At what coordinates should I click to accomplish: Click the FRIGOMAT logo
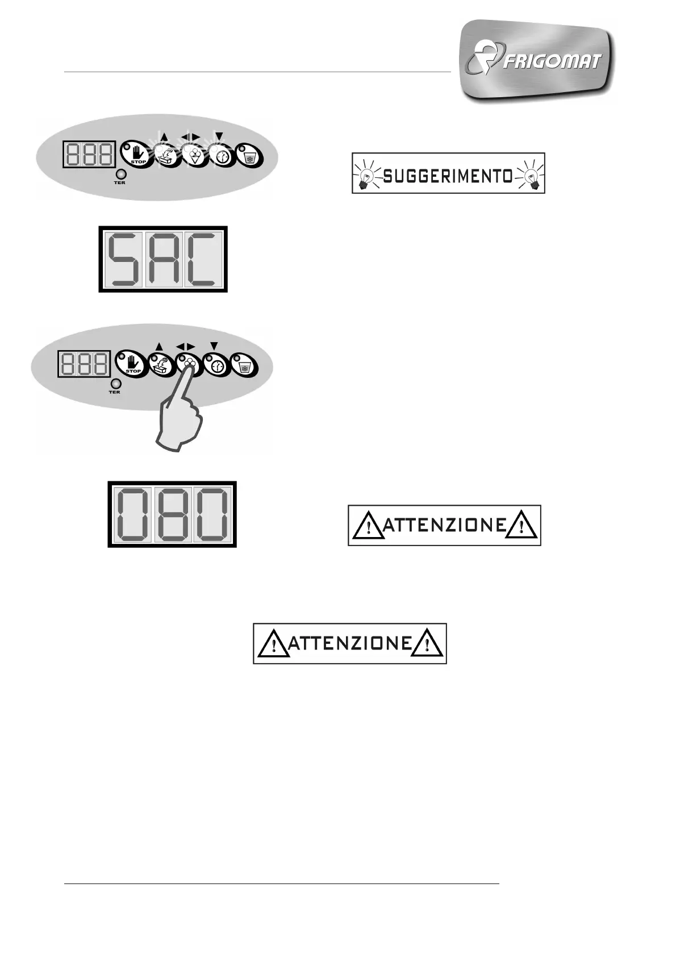coord(537,60)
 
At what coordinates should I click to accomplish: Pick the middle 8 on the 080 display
coord(172,514)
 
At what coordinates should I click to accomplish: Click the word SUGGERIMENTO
coord(448,176)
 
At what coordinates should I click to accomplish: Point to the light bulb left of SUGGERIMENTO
coord(367,173)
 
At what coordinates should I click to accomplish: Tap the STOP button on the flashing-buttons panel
coord(136,153)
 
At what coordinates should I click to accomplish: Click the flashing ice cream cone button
coord(192,155)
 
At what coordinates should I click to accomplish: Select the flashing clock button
coord(220,155)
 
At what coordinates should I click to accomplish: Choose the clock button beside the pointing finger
coord(216,364)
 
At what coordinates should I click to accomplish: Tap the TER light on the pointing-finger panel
coord(115,383)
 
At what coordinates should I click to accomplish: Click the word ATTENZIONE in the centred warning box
coord(350,643)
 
